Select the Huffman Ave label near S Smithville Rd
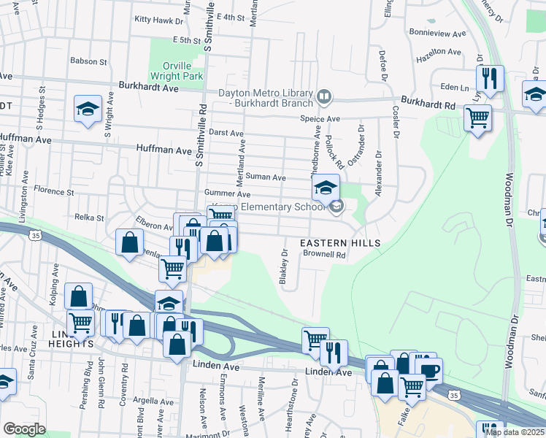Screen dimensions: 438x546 point(163,150)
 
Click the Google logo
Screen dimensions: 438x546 point(24,429)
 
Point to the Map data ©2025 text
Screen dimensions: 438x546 point(515,432)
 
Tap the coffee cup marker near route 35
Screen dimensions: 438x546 point(430,369)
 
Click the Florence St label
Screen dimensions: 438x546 point(55,193)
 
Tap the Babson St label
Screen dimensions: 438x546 point(88,61)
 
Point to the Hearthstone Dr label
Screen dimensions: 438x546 point(296,395)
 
